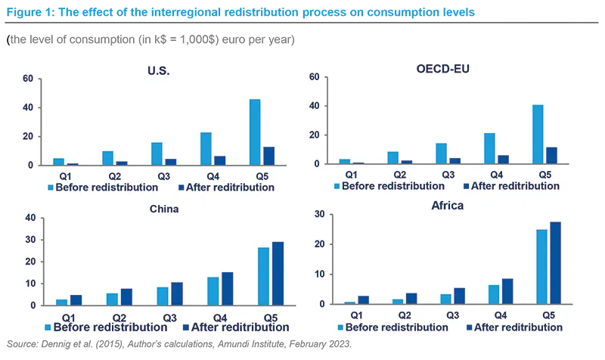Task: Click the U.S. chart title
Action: pyautogui.click(x=158, y=71)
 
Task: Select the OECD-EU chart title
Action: pyautogui.click(x=443, y=69)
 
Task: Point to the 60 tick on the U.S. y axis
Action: pyautogui.click(x=28, y=79)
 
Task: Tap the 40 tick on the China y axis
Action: pyautogui.click(x=31, y=218)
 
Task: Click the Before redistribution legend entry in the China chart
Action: pyautogui.click(x=107, y=327)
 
